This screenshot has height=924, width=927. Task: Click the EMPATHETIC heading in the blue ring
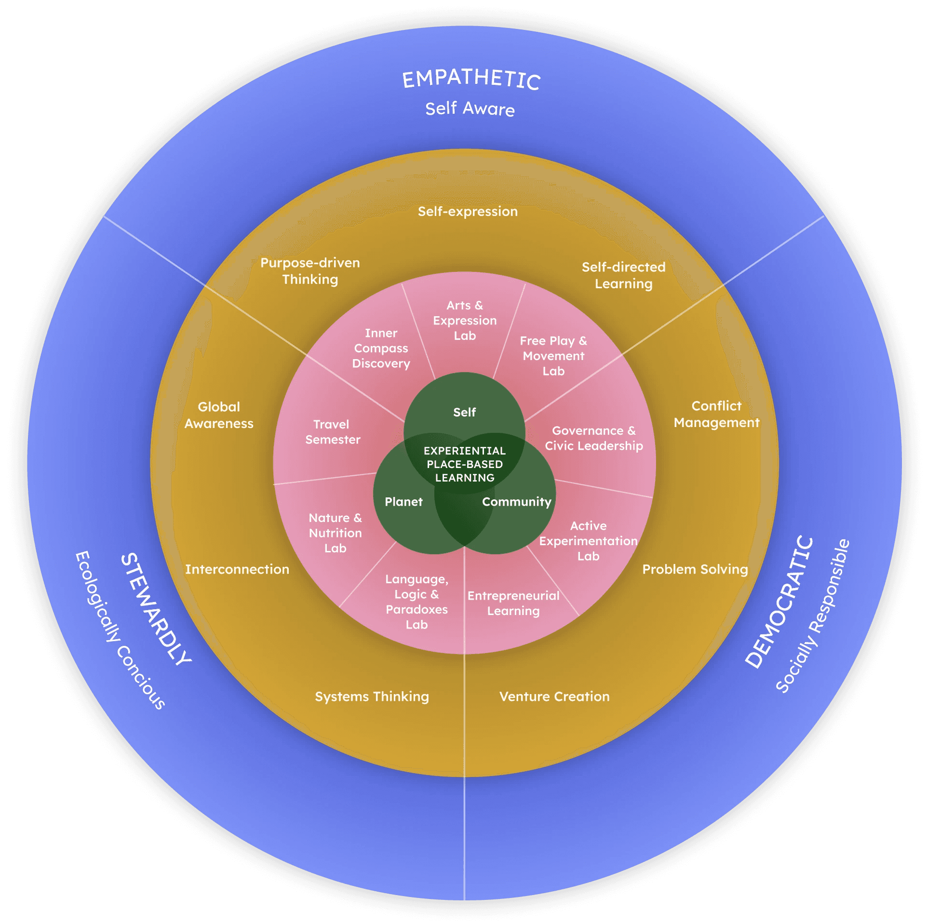click(471, 79)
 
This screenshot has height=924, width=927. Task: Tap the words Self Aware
click(470, 109)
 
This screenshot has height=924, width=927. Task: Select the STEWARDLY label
click(155, 610)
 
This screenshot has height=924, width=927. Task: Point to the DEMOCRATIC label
click(779, 603)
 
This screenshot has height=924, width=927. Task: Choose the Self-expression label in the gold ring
click(468, 211)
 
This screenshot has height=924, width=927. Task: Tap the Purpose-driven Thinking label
click(310, 271)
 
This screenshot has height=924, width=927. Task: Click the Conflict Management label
click(716, 414)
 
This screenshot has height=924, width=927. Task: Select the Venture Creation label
click(554, 696)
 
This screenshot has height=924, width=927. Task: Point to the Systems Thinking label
click(372, 696)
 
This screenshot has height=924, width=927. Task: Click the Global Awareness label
click(219, 415)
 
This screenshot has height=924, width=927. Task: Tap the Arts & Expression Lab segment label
click(465, 321)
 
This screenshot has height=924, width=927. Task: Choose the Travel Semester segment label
click(333, 432)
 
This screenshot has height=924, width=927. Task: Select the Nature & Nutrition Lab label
click(335, 533)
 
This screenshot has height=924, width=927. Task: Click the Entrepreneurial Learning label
click(513, 603)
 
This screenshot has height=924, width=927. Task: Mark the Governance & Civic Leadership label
click(594, 438)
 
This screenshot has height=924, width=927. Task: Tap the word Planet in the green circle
click(403, 502)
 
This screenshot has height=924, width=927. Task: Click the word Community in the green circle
click(517, 502)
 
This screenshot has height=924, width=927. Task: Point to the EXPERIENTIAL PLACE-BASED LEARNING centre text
click(465, 464)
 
